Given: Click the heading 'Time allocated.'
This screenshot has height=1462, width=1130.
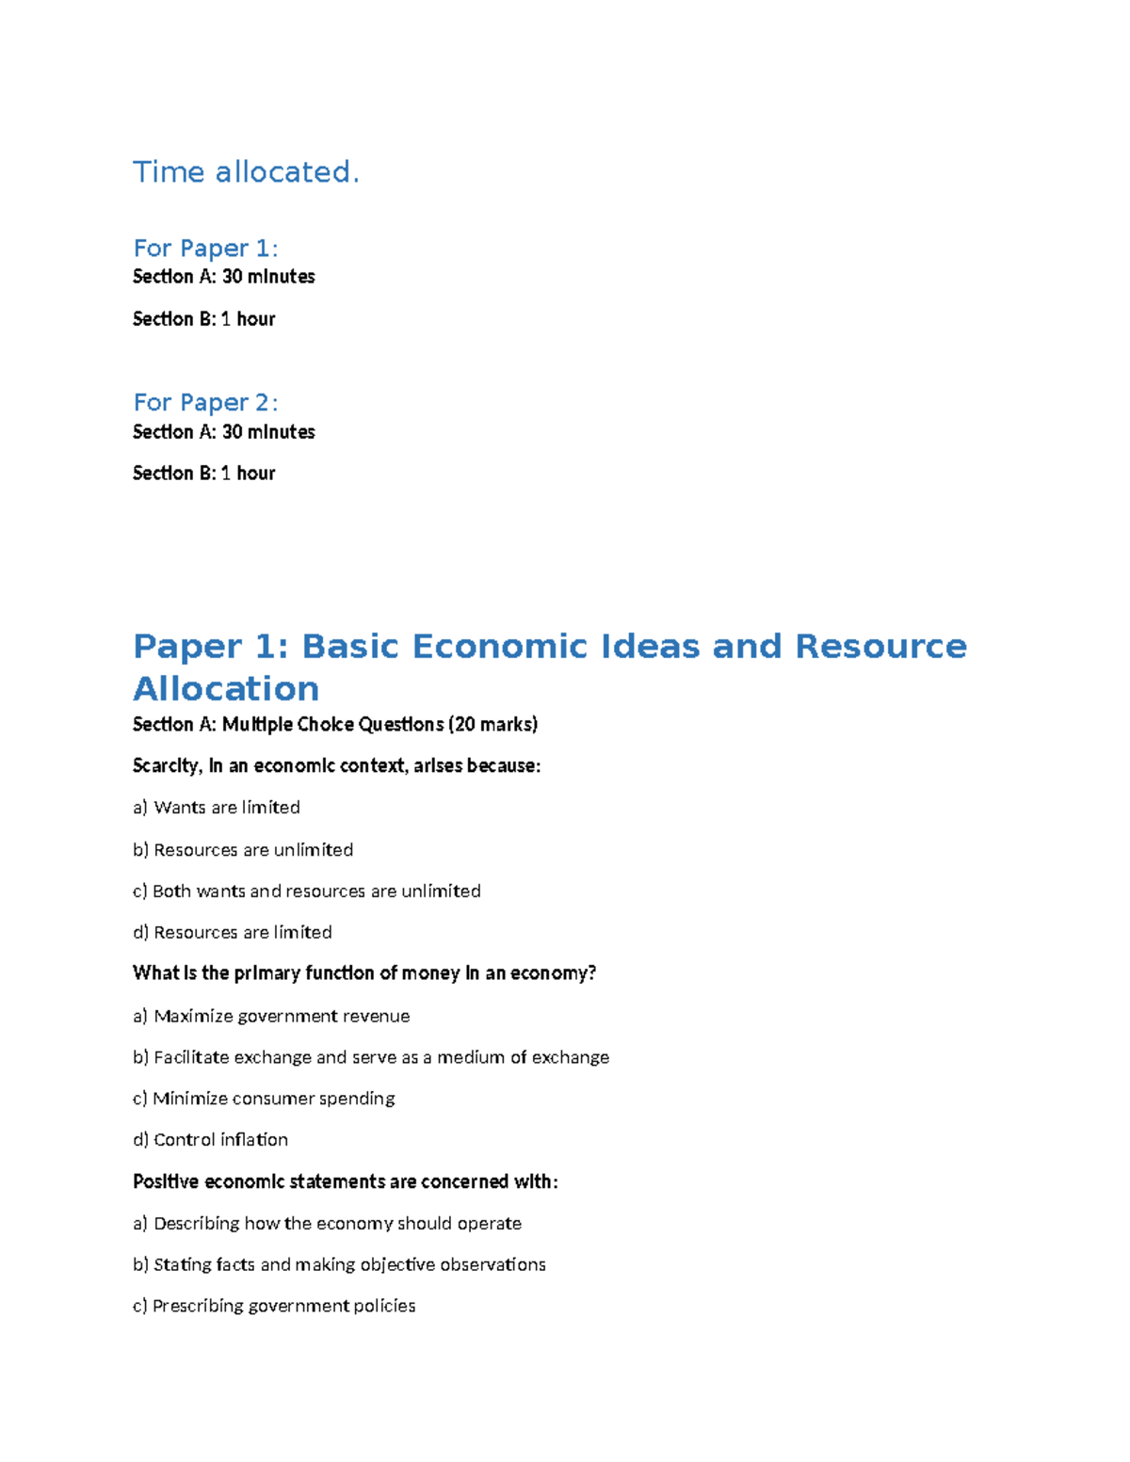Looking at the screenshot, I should click(246, 172).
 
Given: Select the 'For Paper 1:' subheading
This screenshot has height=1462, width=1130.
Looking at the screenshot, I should click(205, 249).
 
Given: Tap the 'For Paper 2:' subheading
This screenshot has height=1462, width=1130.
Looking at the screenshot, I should click(205, 403).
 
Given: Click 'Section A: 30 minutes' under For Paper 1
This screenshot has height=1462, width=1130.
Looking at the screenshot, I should click(224, 277).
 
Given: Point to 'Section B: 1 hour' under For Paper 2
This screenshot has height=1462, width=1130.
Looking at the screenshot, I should click(203, 474).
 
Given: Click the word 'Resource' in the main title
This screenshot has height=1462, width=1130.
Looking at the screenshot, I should click(880, 647).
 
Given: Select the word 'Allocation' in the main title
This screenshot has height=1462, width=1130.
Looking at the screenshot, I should click(226, 689).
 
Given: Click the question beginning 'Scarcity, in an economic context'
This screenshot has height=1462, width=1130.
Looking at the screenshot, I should click(336, 766).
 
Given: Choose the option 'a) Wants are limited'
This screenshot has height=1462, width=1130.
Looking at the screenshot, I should click(217, 808).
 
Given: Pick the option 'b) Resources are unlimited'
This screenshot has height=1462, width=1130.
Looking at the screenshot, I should click(243, 850).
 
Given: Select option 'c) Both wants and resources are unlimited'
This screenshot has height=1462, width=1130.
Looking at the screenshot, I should click(306, 892).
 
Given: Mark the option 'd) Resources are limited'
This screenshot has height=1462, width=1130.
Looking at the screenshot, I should click(233, 933).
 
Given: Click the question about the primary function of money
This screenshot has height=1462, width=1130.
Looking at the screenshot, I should click(364, 973).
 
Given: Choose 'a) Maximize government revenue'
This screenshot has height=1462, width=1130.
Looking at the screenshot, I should click(271, 1017).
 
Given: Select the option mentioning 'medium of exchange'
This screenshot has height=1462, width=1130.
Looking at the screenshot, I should click(371, 1058).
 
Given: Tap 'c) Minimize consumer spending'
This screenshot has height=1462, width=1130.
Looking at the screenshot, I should click(264, 1099).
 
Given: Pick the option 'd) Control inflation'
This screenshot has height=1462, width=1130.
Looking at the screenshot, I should click(210, 1140).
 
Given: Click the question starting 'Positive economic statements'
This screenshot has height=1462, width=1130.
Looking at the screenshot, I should click(345, 1182).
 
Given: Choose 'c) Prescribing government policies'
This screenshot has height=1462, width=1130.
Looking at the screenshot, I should click(274, 1307).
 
